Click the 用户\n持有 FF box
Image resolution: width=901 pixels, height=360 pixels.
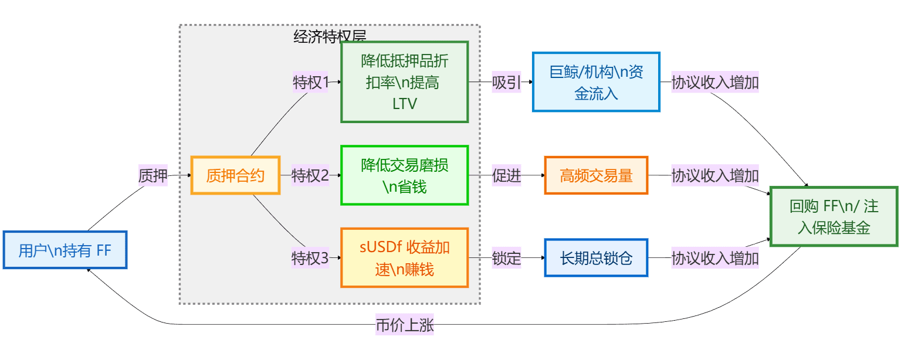coord(65,250)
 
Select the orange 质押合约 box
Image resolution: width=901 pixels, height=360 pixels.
coord(235,175)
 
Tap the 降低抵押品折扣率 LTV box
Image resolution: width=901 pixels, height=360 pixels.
coord(404,82)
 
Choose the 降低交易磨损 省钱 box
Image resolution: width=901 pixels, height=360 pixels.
coord(404,175)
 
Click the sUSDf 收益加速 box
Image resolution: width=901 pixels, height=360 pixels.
coord(404,258)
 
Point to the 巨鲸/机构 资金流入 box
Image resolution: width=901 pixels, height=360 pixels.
coord(596,82)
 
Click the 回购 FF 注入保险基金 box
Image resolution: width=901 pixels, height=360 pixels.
coord(834,216)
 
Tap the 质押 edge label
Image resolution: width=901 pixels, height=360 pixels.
coord(153,175)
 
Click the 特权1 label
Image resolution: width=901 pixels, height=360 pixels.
coord(310,83)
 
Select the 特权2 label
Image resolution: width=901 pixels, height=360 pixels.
coord(310,175)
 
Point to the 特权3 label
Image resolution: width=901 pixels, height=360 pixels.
coord(310,258)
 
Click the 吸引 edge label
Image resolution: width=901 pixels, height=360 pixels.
coord(507,83)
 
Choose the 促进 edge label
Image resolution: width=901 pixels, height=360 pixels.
coord(507,175)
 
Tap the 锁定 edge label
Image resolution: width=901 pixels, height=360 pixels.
coord(507,258)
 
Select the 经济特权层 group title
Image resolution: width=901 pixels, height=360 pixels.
coord(330,36)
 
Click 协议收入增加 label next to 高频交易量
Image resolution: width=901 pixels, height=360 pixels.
coord(715,175)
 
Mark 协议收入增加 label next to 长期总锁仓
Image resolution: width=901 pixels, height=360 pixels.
coord(715,258)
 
